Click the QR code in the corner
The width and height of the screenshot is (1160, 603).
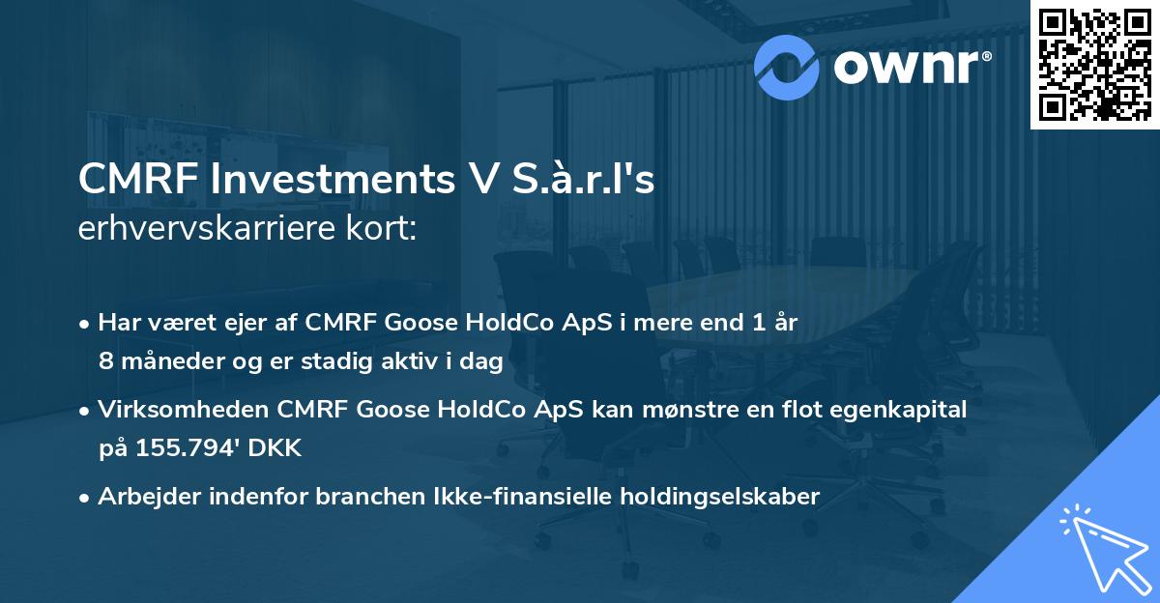1095,64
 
